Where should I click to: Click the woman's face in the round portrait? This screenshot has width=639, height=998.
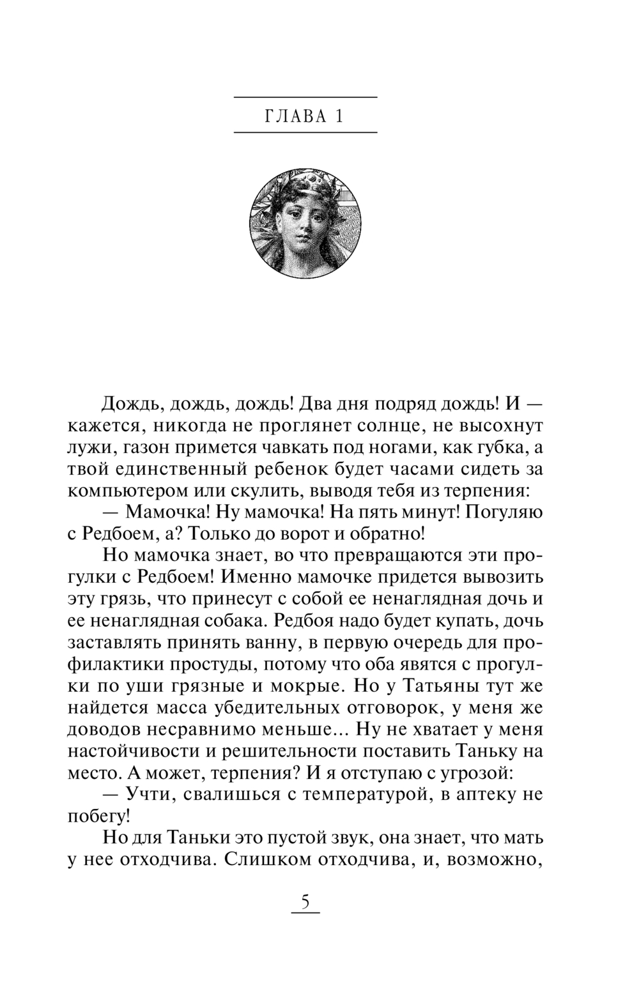pos(304,227)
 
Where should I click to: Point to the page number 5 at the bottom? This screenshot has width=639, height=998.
pos(305,902)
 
